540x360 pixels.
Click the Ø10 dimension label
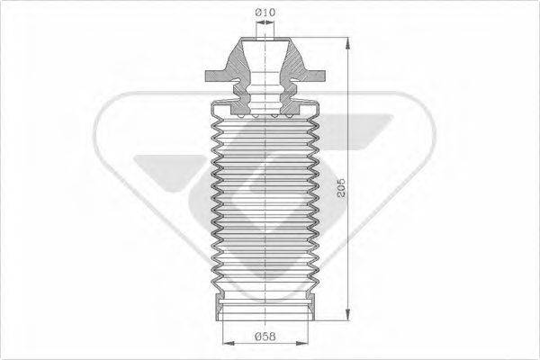tap(265, 12)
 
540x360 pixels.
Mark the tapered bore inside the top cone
tap(265, 63)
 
